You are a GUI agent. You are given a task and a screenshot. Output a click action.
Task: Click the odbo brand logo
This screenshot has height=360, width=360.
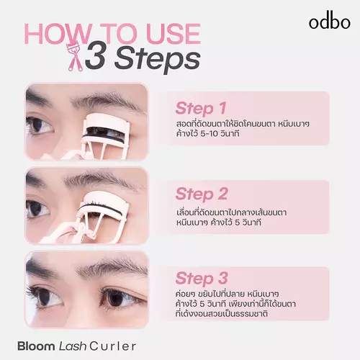[330, 22]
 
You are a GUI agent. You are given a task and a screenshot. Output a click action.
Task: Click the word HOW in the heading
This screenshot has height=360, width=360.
[57, 34]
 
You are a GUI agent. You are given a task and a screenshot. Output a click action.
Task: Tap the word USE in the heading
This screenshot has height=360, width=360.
[174, 34]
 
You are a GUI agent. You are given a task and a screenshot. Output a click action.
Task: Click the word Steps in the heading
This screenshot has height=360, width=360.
[158, 60]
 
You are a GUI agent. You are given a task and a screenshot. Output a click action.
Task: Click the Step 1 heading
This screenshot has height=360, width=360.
[201, 109]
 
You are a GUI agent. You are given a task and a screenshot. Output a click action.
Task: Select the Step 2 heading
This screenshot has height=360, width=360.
[202, 194]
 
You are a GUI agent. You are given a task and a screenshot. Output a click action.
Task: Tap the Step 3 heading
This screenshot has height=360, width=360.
[202, 279]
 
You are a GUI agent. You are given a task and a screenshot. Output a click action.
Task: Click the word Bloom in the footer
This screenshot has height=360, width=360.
[36, 346]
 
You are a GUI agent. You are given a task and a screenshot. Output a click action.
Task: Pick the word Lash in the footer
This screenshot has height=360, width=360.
[73, 346]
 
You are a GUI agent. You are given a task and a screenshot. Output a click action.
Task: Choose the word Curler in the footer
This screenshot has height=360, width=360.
[113, 346]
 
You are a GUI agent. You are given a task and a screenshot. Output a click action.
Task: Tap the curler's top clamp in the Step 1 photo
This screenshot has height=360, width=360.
[107, 123]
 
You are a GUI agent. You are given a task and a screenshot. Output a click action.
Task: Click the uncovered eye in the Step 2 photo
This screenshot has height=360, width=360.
[38, 209]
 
